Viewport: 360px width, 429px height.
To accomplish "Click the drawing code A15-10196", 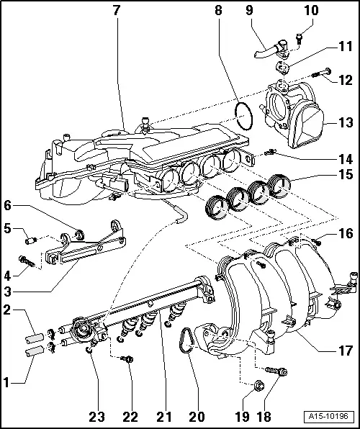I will coord(328,417).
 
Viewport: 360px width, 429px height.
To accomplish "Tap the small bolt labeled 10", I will coord(300,31).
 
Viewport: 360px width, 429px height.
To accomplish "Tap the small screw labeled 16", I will coord(317,238).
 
